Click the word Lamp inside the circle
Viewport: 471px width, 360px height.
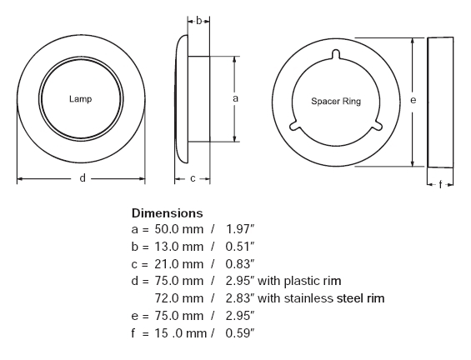[x=80, y=99]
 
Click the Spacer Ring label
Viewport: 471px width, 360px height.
[x=336, y=102]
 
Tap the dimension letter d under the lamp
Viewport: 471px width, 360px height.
[x=83, y=178]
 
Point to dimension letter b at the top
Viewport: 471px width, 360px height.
[x=198, y=21]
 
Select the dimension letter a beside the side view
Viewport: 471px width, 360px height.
[x=235, y=98]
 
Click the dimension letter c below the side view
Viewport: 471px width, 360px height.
[x=193, y=179]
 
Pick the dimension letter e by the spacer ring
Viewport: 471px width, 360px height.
[x=413, y=100]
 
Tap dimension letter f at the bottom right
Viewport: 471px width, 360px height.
[x=440, y=184]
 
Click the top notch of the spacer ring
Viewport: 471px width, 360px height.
[x=336, y=54]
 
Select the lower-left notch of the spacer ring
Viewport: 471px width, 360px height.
[x=295, y=126]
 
